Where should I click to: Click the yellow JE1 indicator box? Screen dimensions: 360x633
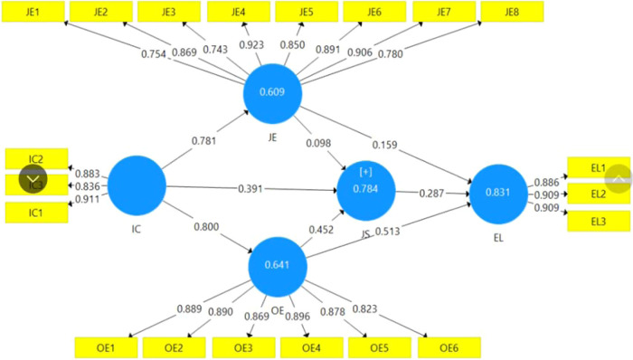point(30,12)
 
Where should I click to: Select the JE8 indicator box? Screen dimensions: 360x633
point(511,12)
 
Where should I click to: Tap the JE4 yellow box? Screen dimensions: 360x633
point(239,12)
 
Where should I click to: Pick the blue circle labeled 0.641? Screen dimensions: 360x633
point(278,267)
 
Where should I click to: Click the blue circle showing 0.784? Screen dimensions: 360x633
point(365,190)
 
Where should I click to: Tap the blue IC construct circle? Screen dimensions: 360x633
point(137,185)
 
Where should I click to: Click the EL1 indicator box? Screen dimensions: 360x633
point(598,167)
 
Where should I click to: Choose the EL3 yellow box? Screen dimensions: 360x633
point(598,221)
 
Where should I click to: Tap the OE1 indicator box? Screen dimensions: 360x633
point(105,346)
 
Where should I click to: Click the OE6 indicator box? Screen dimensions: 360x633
point(449,346)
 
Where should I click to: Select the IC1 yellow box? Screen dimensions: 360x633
point(36,213)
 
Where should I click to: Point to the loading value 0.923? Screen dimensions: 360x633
point(252,44)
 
